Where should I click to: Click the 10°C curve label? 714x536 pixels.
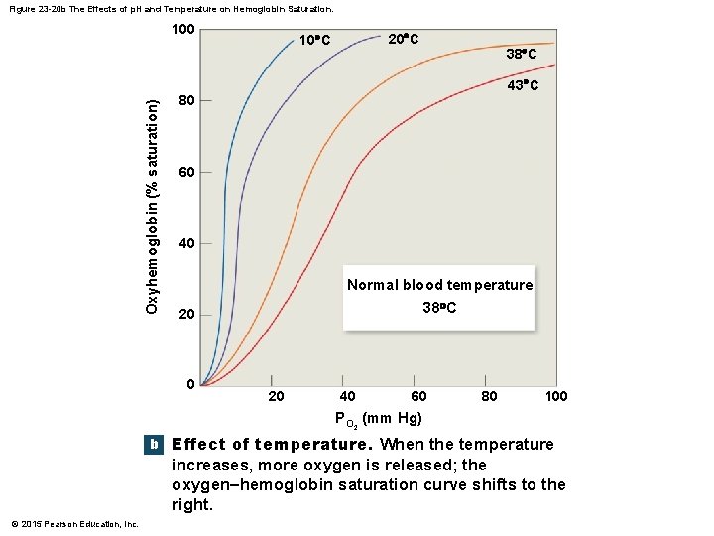point(314,41)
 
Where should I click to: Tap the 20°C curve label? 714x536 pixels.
point(403,39)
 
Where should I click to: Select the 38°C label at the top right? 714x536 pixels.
point(522,54)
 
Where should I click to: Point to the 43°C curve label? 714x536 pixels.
point(523,86)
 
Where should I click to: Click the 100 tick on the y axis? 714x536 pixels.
point(182,30)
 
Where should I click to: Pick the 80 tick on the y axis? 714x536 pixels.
point(186,101)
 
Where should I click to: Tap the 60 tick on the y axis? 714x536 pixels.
point(186,173)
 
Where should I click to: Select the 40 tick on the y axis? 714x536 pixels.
point(186,244)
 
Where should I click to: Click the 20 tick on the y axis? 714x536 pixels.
point(186,316)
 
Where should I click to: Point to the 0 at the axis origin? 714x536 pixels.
point(190,385)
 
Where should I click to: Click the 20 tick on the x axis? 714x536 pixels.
point(278,397)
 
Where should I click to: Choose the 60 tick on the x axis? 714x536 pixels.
point(418,397)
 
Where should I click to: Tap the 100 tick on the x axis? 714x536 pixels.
point(556,397)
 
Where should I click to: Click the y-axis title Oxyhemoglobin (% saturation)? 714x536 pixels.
point(152,207)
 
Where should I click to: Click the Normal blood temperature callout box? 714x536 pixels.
point(438,296)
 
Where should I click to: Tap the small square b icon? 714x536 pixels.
point(153,445)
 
